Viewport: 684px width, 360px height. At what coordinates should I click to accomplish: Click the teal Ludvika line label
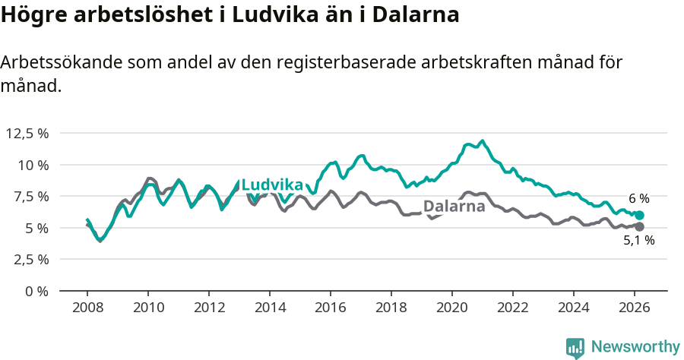(272, 185)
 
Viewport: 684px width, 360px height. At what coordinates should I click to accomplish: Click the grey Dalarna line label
(454, 207)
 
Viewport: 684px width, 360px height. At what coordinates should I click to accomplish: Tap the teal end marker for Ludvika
(639, 215)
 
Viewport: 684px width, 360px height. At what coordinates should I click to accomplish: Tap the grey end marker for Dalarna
(639, 226)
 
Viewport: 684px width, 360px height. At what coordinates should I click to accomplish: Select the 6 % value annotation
(638, 199)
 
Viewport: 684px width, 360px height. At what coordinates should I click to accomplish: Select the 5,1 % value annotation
(639, 240)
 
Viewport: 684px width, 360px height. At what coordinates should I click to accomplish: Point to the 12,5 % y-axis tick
(27, 134)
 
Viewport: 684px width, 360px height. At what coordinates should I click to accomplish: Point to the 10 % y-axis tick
(33, 165)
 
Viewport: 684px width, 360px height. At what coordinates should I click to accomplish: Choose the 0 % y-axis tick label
(37, 291)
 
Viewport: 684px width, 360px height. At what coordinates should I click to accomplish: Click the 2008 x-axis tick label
(87, 308)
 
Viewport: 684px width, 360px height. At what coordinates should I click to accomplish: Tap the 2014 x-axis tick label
(270, 308)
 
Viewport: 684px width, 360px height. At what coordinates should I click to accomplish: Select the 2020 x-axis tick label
(452, 308)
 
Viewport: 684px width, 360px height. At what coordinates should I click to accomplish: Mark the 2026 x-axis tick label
(635, 308)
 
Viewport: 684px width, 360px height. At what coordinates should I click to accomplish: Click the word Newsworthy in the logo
(635, 347)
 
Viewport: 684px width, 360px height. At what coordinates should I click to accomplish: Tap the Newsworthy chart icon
(575, 348)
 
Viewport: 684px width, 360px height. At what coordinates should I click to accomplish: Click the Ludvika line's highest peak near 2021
(482, 141)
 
